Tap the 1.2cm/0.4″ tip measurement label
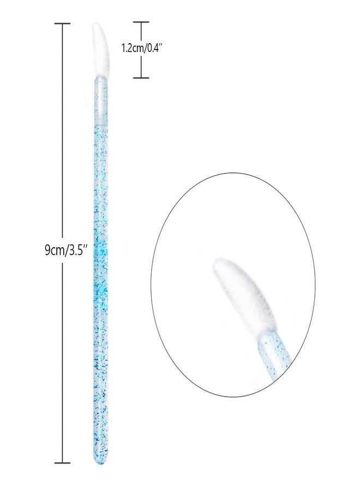coord(142,49)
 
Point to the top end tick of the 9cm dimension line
coord(63,24)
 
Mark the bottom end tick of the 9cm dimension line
coord(63,462)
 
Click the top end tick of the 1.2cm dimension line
coord(141,22)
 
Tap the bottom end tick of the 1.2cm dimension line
coord(141,77)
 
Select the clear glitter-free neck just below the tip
coord(101,97)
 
